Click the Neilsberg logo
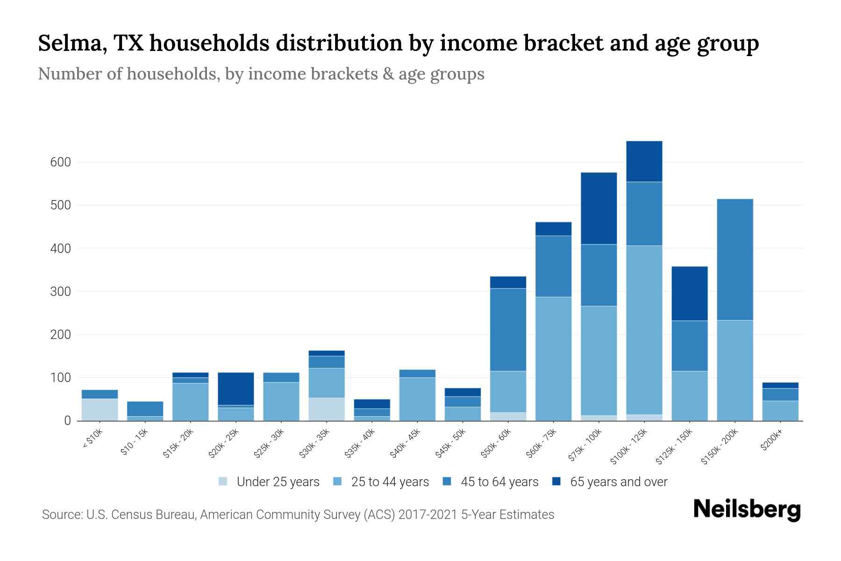[x=747, y=510]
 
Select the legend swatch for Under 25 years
[x=223, y=482]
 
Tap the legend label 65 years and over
[x=619, y=482]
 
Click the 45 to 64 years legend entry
[x=499, y=482]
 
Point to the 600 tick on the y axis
[x=60, y=163]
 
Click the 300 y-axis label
[x=60, y=292]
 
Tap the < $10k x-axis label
[x=93, y=439]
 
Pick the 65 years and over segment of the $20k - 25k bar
[x=236, y=388]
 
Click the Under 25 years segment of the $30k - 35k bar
[x=327, y=409]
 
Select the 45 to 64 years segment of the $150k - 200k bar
[x=735, y=259]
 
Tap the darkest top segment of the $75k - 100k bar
[x=599, y=209]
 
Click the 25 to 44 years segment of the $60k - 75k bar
[x=553, y=359]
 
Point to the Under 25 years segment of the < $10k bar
[x=100, y=410]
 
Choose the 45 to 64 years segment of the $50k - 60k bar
[x=508, y=330]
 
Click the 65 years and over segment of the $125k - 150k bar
[x=690, y=294]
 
